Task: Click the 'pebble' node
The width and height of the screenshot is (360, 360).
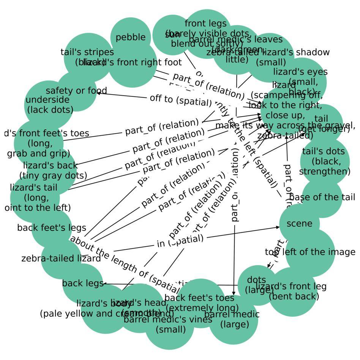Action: pyautogui.click(x=130, y=37)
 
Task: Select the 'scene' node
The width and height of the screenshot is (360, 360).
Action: pyautogui.click(x=299, y=223)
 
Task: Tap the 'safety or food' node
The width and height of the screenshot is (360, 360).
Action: pyautogui.click(x=76, y=91)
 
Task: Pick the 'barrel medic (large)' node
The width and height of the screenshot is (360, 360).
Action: pyautogui.click(x=233, y=319)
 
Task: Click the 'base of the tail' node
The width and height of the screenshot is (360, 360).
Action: pyautogui.click(x=322, y=197)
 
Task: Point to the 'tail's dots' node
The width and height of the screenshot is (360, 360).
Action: pyautogui.click(x=324, y=161)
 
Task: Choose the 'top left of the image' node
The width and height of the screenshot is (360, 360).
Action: pyautogui.click(x=310, y=252)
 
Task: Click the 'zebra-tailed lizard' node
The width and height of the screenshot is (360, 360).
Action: pyautogui.click(x=61, y=259)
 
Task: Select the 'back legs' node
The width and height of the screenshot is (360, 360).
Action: pyautogui.click(x=83, y=283)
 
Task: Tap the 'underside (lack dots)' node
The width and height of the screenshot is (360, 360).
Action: pyautogui.click(x=49, y=105)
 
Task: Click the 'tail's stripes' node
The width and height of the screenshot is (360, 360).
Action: pyautogui.click(x=88, y=57)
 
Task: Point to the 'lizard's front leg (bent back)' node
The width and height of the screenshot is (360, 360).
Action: pyautogui.click(x=292, y=291)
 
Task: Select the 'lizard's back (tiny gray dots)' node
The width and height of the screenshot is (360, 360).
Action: pyautogui.click(x=51, y=171)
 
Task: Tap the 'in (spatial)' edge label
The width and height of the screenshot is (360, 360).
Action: pyautogui.click(x=180, y=241)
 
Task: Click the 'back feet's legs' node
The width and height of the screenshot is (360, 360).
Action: pyautogui.click(x=52, y=228)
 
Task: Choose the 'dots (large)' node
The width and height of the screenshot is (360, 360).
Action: pyautogui.click(x=257, y=285)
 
